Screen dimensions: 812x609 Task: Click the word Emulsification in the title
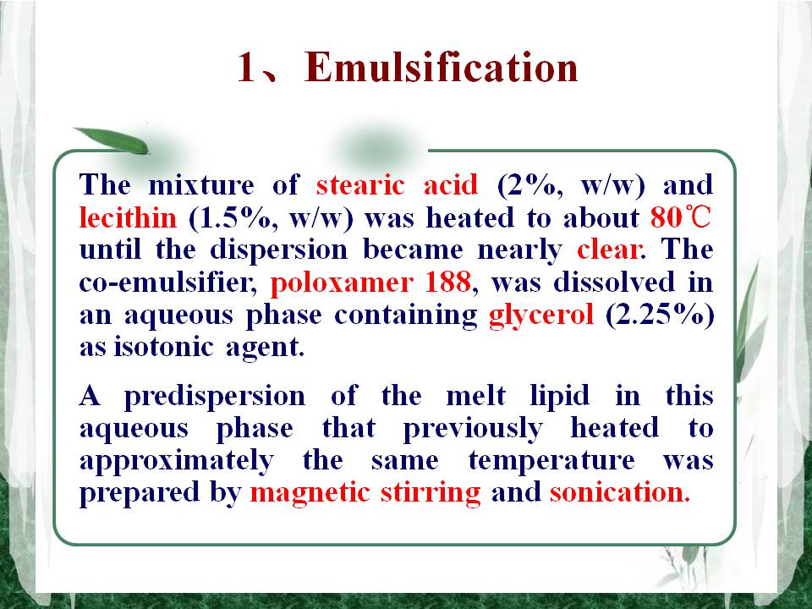442,68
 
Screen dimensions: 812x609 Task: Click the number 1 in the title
247,68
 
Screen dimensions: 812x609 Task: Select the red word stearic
360,185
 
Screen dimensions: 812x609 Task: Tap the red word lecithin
128,217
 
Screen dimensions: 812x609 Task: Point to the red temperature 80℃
681,217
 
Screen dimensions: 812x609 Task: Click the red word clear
610,250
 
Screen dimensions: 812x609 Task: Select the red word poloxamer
342,283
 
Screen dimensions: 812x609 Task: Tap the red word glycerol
541,315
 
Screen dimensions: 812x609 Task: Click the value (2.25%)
660,315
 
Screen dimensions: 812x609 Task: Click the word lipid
560,396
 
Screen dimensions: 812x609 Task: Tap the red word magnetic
310,493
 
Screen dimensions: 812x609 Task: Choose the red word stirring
431,493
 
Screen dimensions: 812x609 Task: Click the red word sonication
620,492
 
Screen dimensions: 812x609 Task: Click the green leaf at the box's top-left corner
112,140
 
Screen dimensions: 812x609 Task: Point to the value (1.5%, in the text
235,217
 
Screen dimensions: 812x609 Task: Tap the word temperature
551,461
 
